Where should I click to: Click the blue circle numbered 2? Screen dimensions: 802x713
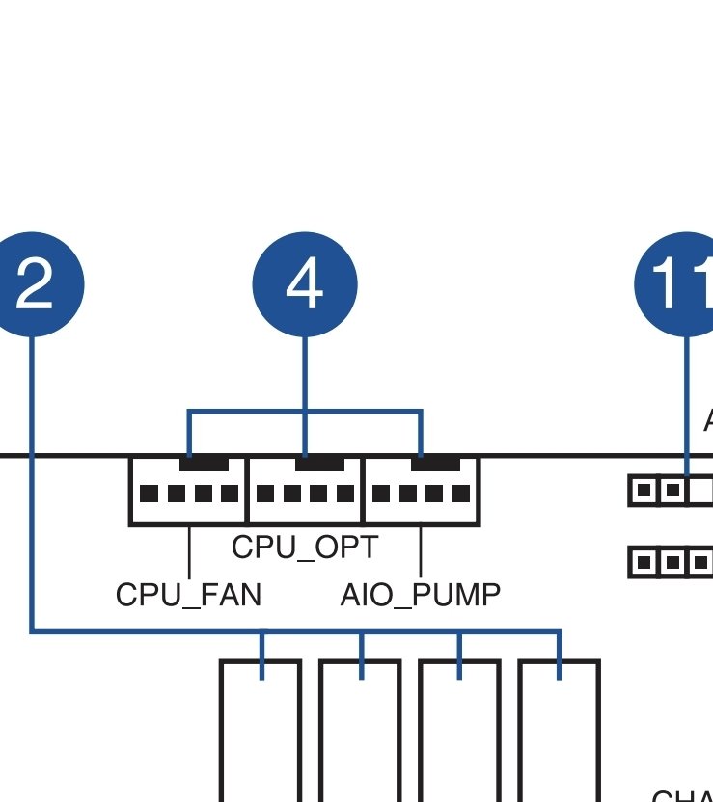click(35, 285)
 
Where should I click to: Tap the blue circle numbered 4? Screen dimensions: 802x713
click(305, 285)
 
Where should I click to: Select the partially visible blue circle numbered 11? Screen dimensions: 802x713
click(679, 285)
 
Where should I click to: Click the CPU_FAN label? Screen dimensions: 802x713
click(188, 595)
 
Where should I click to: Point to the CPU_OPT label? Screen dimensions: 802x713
click(305, 547)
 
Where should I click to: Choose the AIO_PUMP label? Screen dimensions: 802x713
click(421, 595)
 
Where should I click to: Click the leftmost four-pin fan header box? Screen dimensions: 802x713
click(189, 492)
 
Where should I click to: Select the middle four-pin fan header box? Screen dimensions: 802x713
click(306, 492)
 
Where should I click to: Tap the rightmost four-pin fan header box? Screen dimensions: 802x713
click(422, 492)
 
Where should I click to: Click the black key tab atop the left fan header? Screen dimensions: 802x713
click(204, 464)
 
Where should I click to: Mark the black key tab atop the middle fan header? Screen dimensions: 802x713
click(319, 464)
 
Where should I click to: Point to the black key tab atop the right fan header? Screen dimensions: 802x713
click(435, 464)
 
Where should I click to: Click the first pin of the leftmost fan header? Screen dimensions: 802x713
click(149, 495)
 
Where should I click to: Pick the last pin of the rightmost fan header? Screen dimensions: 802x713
click(462, 495)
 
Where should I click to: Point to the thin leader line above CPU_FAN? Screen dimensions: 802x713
click(189, 551)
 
